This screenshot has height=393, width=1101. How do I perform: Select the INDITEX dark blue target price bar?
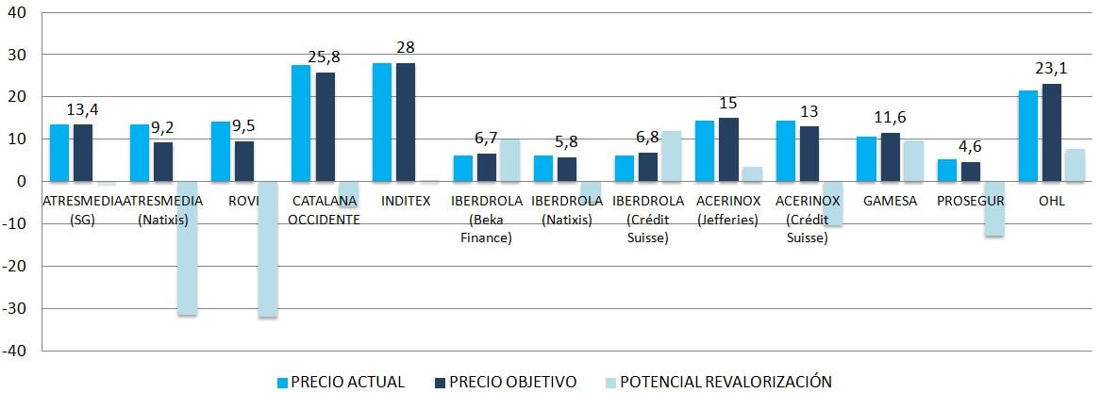tap(406, 122)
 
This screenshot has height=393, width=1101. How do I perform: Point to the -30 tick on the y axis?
tap(17, 308)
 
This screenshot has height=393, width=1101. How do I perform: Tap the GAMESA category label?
tap(890, 201)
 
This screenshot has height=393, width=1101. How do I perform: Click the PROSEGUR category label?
tap(970, 201)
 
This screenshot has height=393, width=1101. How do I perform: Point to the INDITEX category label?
tap(407, 201)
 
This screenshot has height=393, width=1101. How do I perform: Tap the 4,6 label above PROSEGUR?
tap(970, 147)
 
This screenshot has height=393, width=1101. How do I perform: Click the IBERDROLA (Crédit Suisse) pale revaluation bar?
tap(671, 156)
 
